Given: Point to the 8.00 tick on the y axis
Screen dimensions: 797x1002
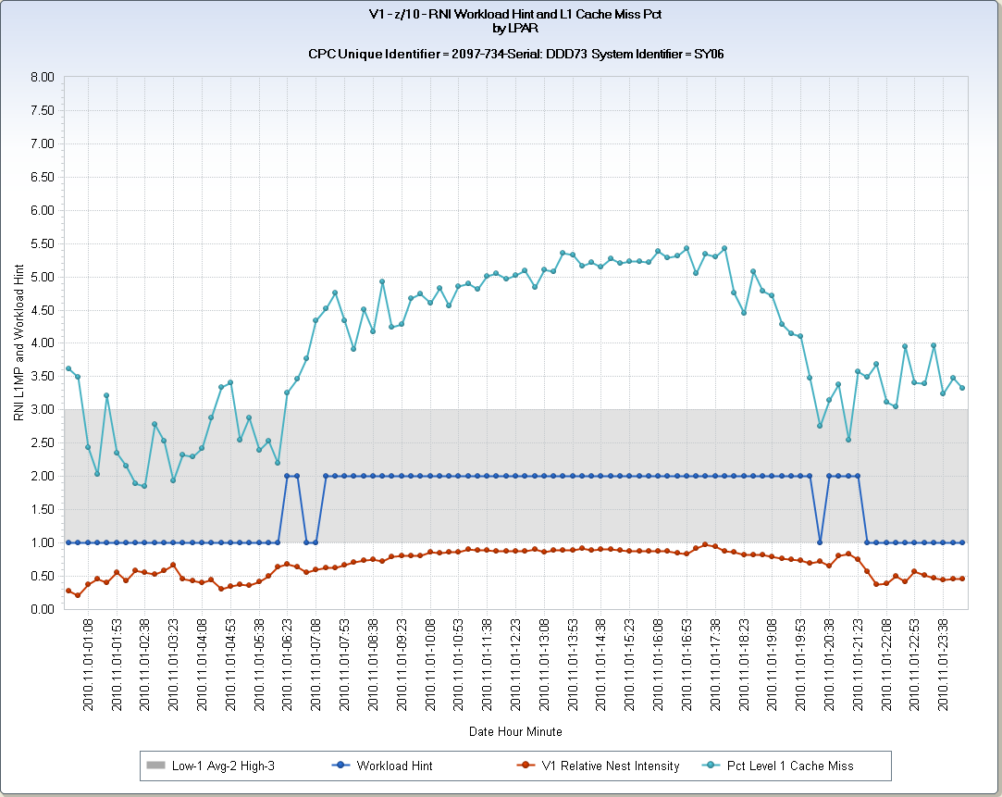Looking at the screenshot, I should (x=43, y=77).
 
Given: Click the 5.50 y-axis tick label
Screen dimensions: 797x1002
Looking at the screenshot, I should (x=43, y=243).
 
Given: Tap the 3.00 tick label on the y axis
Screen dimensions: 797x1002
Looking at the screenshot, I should (x=43, y=409).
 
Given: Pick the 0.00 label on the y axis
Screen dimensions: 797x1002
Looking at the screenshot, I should (x=43, y=609).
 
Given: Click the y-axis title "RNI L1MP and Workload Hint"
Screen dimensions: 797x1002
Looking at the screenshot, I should (x=19, y=342).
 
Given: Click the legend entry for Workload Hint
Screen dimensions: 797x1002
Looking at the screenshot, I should (x=394, y=766).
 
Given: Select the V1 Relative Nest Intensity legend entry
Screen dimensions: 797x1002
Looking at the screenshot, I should (x=611, y=766).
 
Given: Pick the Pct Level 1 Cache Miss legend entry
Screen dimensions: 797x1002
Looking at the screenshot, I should (x=789, y=766).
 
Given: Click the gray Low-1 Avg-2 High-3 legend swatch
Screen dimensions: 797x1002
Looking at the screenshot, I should (x=155, y=766).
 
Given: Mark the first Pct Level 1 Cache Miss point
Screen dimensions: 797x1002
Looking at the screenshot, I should (x=68, y=368).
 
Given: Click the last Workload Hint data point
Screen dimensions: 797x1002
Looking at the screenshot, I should (x=962, y=542).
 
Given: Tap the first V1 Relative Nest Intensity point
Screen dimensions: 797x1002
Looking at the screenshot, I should (x=68, y=591).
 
